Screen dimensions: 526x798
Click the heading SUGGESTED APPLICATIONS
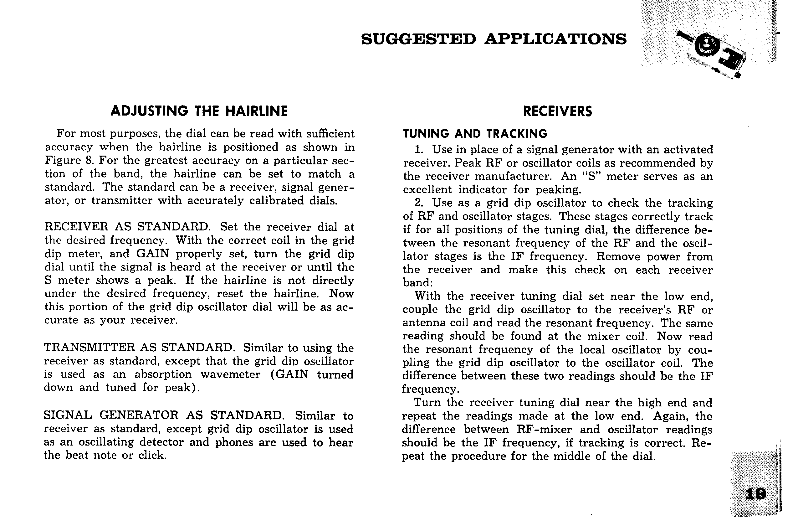pos(494,39)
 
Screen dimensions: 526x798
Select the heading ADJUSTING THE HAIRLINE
pos(199,111)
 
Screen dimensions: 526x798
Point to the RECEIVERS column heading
pos(557,111)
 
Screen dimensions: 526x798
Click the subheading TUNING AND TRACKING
pos(475,134)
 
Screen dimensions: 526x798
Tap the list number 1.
pos(418,150)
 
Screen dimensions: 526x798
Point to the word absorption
pos(163,374)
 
